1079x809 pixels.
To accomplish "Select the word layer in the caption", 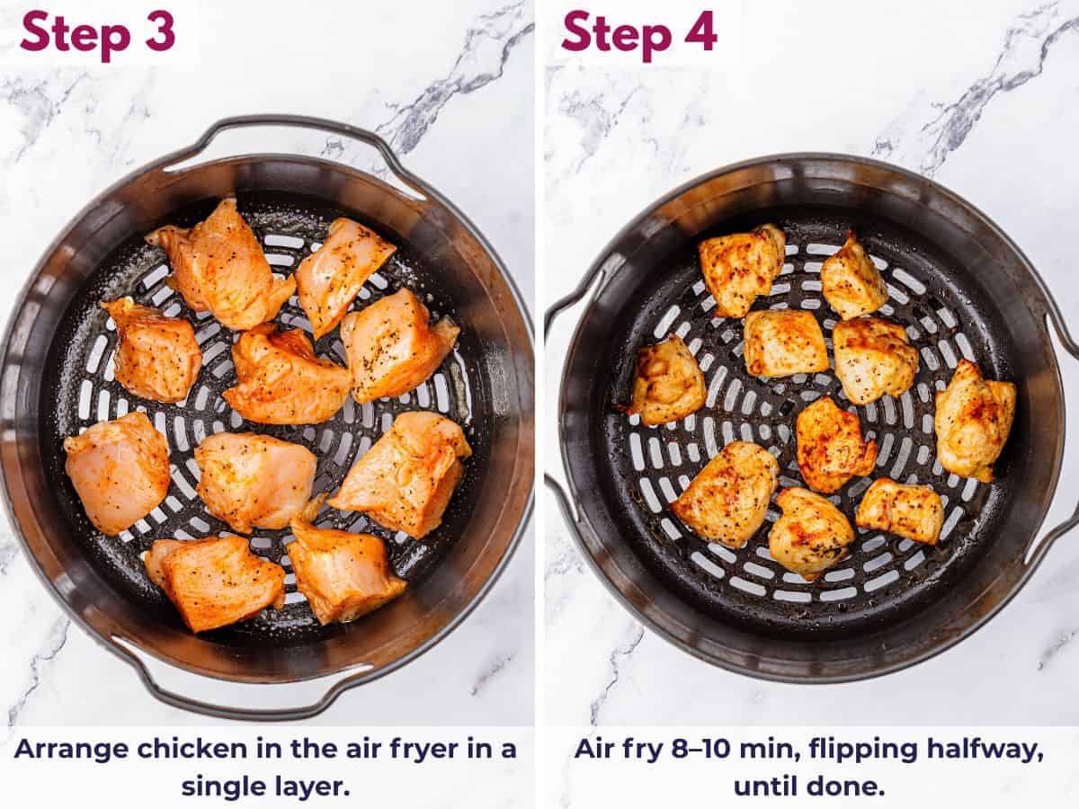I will coord(315,787).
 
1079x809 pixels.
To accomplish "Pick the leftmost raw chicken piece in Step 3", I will coord(117,472).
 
